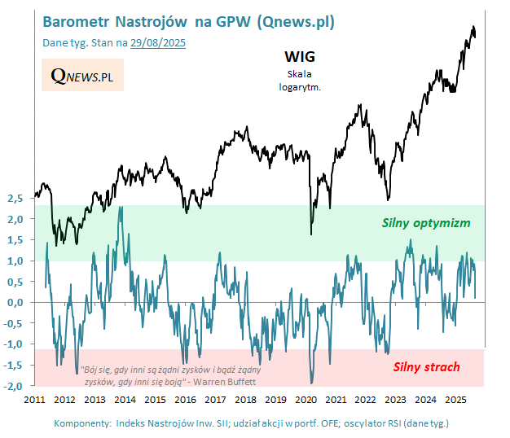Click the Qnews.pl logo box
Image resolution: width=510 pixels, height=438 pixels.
click(81, 76)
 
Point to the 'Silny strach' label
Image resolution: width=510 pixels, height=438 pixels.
click(426, 366)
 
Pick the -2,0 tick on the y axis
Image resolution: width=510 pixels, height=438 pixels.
click(15, 385)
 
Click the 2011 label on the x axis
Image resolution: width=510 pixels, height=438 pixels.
click(34, 401)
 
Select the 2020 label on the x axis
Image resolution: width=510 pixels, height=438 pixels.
click(306, 401)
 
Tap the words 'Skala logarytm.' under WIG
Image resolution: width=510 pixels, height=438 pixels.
click(298, 78)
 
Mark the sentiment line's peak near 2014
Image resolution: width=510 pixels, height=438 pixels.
click(121, 207)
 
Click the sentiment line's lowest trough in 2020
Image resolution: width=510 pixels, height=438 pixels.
click(311, 383)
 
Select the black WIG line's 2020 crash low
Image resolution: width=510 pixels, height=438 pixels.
click(311, 234)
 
